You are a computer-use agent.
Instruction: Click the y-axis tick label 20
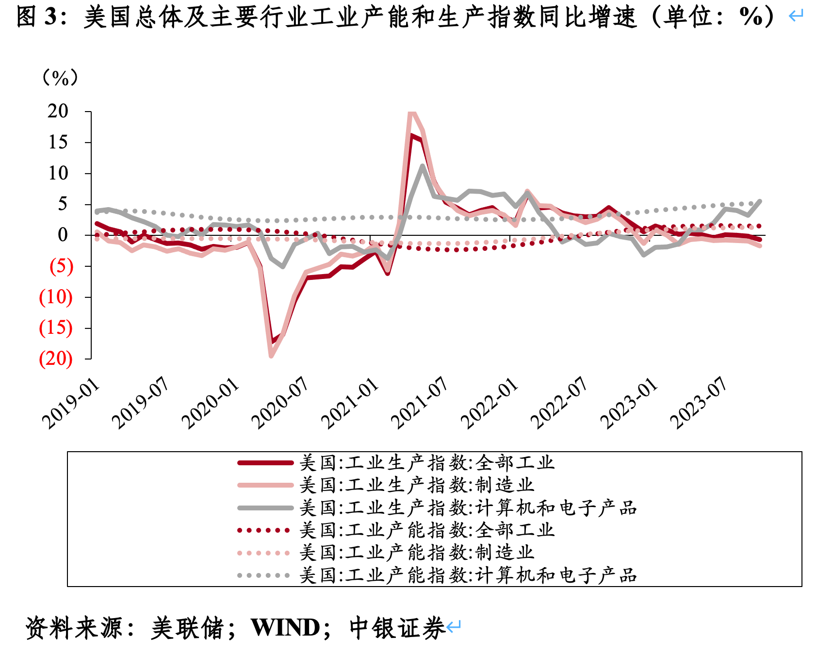(58, 112)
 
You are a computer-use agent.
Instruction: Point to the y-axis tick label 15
(58, 143)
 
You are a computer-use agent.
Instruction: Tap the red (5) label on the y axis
(61, 266)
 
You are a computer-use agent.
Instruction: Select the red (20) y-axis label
(56, 359)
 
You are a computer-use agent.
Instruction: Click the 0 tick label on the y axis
(63, 235)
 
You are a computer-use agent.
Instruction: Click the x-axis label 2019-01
(71, 404)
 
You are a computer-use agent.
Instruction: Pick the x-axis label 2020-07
(280, 404)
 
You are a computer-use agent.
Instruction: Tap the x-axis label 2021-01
(350, 404)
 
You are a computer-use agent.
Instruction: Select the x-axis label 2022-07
(559, 404)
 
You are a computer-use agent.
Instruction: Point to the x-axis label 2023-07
(699, 404)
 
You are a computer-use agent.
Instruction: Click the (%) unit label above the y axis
(60, 78)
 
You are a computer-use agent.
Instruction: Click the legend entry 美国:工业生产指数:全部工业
(426, 463)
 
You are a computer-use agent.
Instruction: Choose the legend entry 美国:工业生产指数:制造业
(416, 485)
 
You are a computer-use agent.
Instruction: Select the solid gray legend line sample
(265, 508)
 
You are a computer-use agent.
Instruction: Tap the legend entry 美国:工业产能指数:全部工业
(426, 530)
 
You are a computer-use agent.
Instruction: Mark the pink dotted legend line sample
(264, 553)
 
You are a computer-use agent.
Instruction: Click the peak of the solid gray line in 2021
(423, 166)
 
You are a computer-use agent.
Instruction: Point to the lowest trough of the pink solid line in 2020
(271, 356)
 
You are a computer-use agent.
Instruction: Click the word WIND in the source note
(286, 628)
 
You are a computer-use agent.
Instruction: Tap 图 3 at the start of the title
(37, 17)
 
